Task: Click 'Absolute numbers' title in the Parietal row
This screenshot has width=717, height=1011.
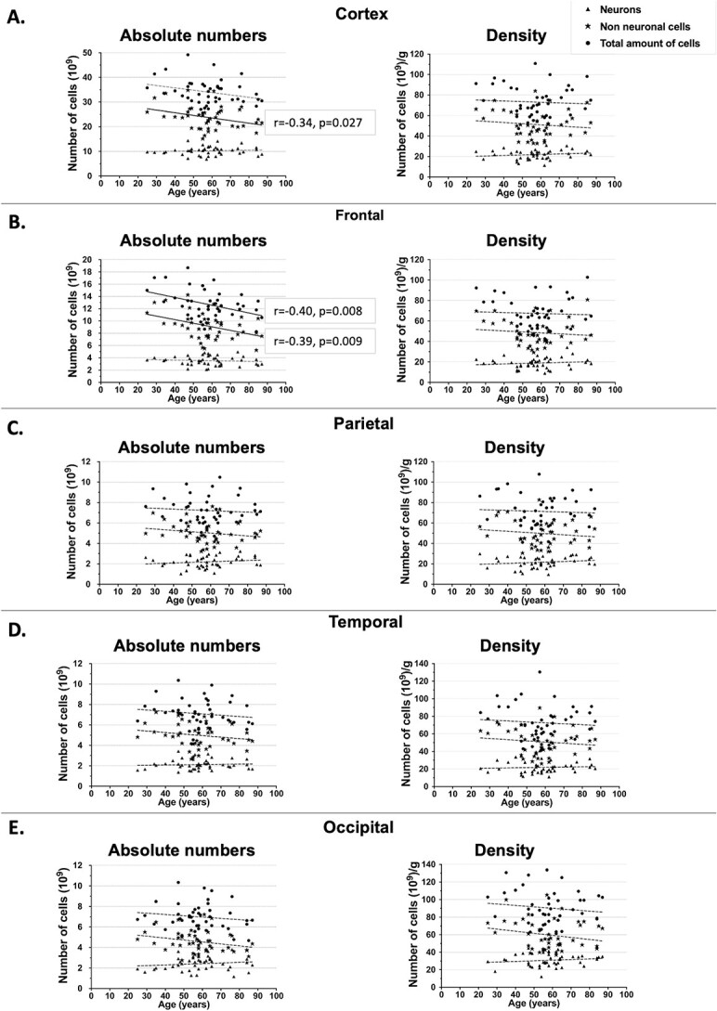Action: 190,444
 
